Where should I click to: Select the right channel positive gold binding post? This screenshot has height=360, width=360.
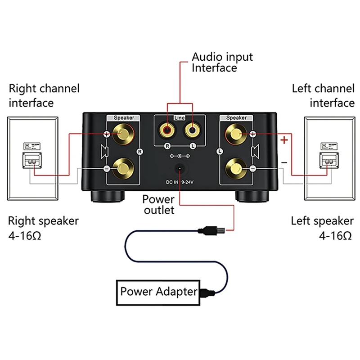pos(123,134)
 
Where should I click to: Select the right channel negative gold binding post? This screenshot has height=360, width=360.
pos(123,168)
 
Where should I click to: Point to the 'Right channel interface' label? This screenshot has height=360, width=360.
pos(44,95)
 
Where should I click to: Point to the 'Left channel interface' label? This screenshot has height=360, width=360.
pos(323,95)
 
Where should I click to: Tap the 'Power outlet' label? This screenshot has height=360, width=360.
pos(158,204)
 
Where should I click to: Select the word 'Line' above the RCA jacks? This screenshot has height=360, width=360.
pos(180,118)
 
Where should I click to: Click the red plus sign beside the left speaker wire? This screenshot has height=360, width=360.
pos(284,140)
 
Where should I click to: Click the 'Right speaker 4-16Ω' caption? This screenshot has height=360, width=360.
pos(44,228)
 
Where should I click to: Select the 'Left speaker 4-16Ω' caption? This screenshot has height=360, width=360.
pos(322,228)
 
